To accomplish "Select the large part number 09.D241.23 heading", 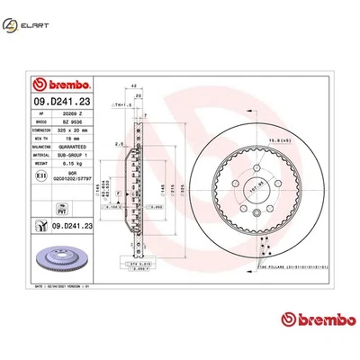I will pos(59,102).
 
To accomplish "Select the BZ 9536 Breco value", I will pos(71,122).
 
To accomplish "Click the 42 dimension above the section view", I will pos(134,86).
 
